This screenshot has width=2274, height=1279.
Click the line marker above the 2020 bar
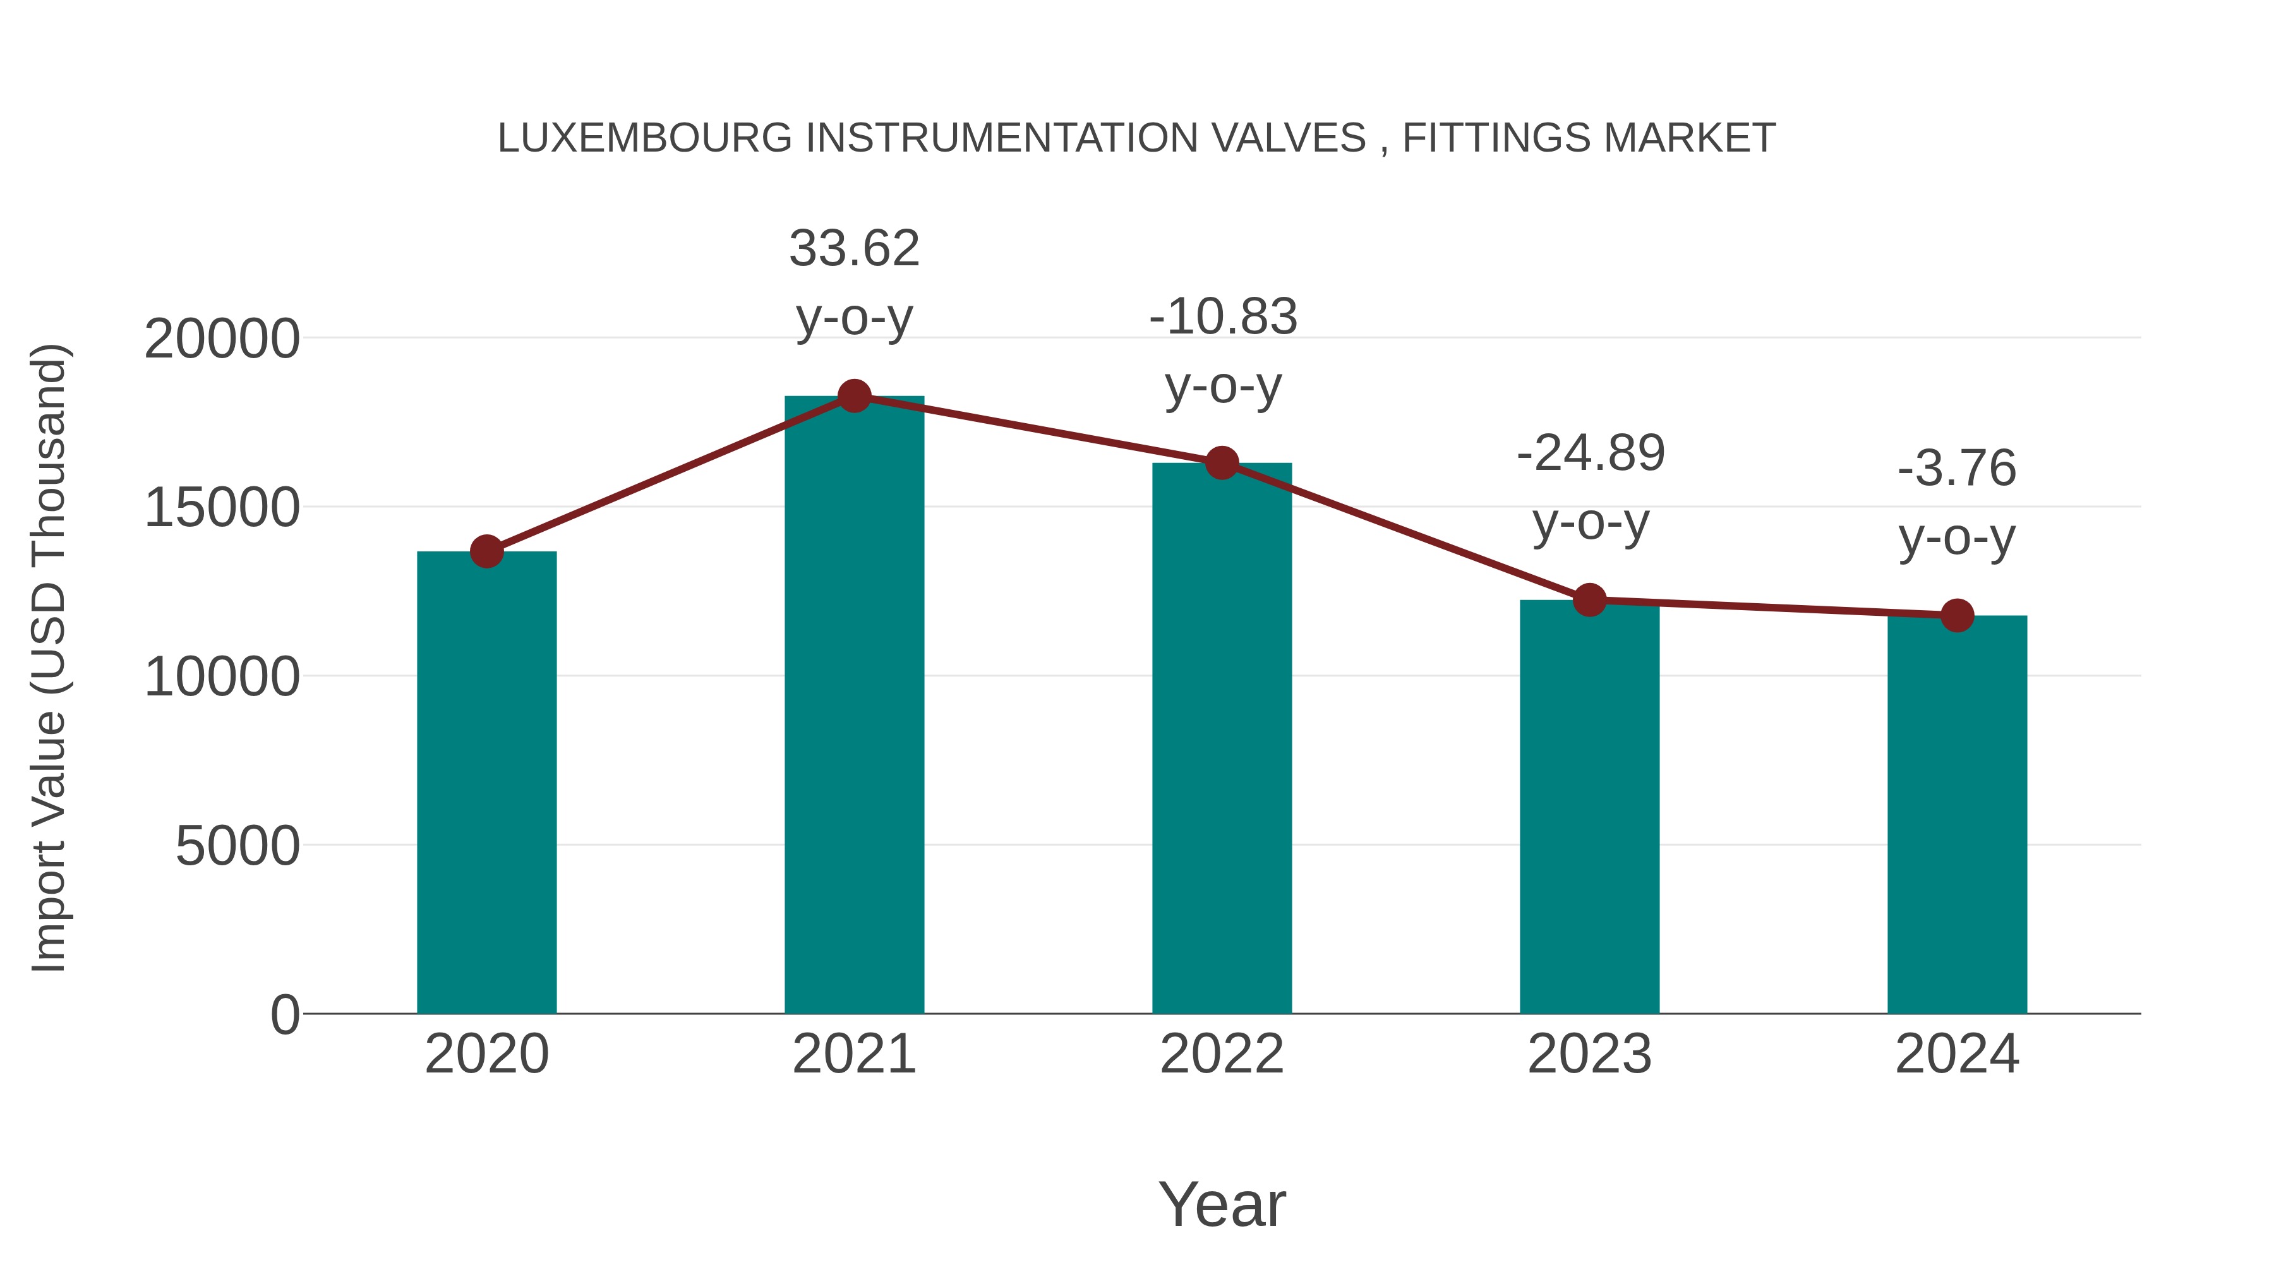[486, 551]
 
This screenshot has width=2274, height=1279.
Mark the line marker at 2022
[1222, 462]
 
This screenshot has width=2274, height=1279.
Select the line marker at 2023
[1589, 600]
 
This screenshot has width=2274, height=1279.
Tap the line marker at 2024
[1957, 615]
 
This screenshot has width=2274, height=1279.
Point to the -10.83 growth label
[1223, 317]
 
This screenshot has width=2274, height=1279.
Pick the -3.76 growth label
[1957, 469]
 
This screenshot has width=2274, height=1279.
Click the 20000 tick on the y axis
[222, 339]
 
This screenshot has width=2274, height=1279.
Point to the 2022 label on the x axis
[1222, 1054]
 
